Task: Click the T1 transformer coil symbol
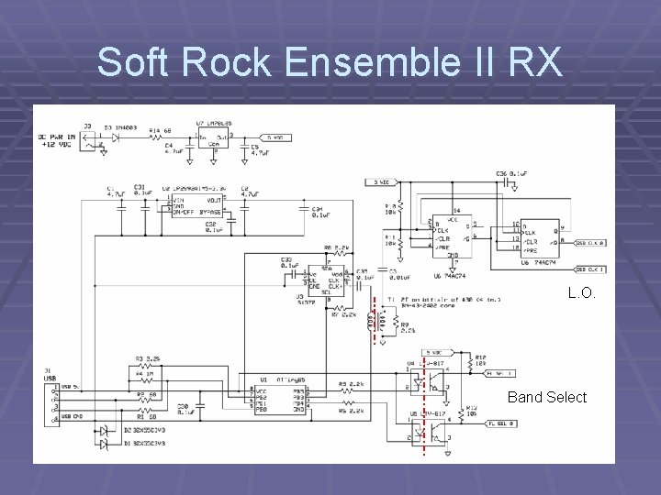click(x=373, y=320)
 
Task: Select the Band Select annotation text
click(x=547, y=397)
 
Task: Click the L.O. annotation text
click(x=582, y=293)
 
